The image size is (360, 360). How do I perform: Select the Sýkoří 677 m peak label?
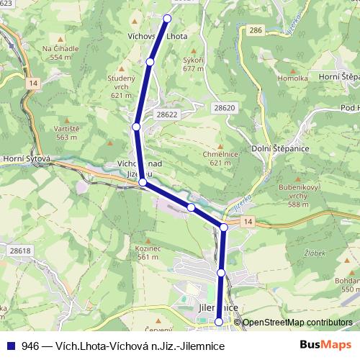pyautogui.click(x=194, y=66)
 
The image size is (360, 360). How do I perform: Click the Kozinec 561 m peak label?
pyautogui.click(x=147, y=253)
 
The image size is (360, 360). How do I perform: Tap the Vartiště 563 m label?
pyautogui.click(x=66, y=132)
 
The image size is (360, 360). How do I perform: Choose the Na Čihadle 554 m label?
pyautogui.click(x=57, y=52)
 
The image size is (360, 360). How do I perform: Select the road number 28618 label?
pyautogui.click(x=21, y=251)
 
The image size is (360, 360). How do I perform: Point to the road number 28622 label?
pyautogui.click(x=166, y=114)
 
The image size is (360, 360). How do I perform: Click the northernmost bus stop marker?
pyautogui.click(x=168, y=18)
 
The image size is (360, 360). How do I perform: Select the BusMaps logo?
pyautogui.click(x=320, y=346)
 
